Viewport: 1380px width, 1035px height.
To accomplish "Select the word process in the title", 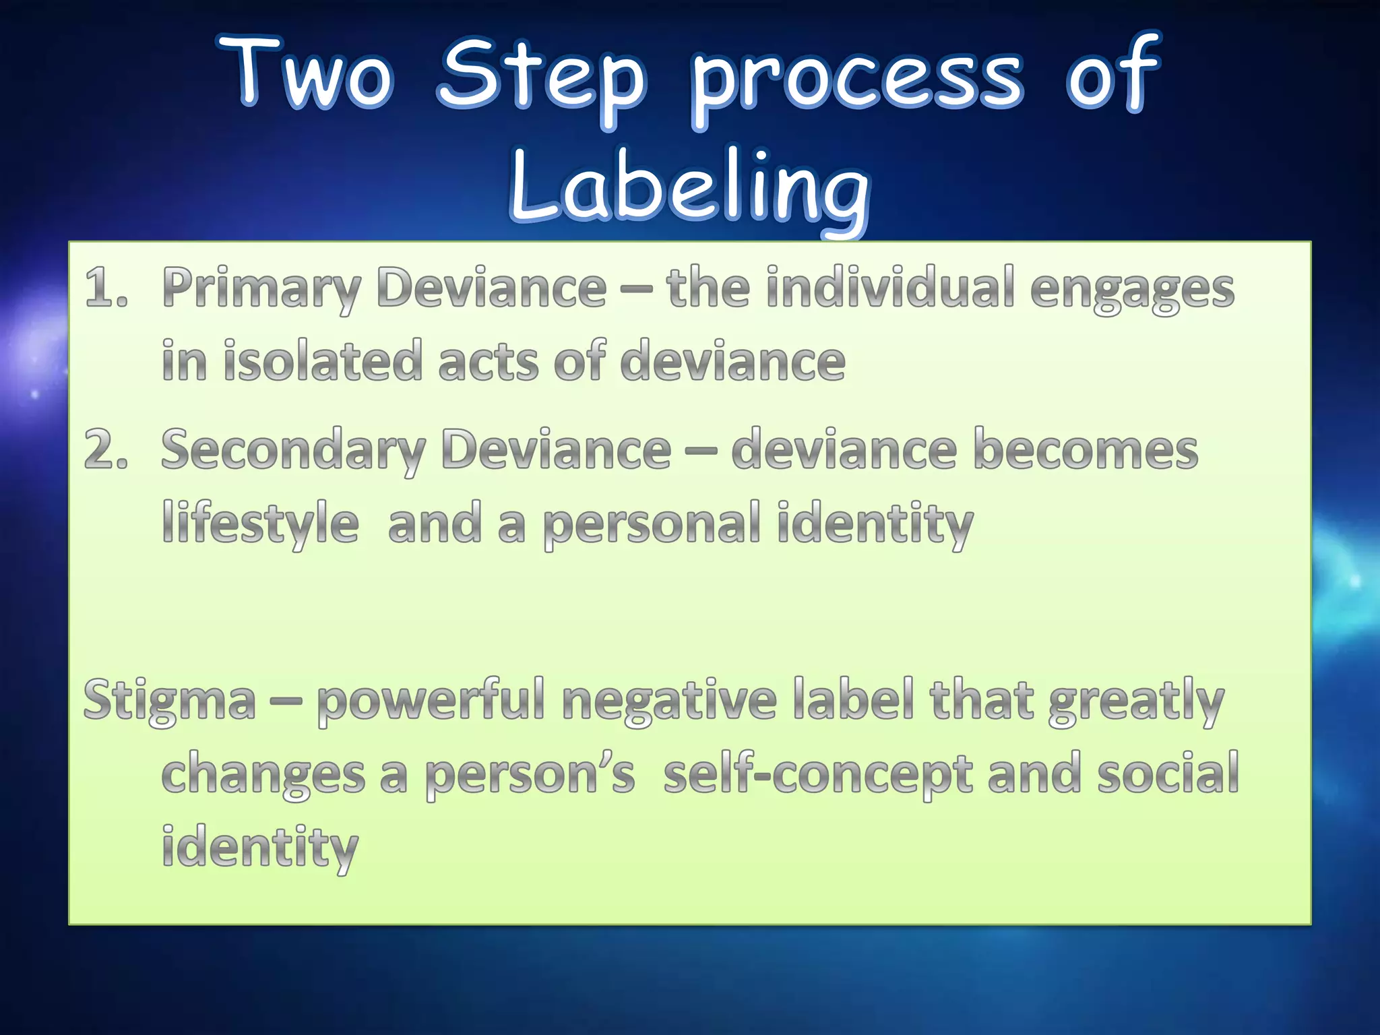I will (858, 80).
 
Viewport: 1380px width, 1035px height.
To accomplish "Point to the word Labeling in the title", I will (689, 189).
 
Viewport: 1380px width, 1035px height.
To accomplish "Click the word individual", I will (890, 288).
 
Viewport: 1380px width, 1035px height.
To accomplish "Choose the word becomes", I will (1086, 450).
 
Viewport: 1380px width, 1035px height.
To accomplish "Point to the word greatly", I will (1136, 702).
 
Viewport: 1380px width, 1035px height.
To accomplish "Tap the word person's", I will (530, 775).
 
